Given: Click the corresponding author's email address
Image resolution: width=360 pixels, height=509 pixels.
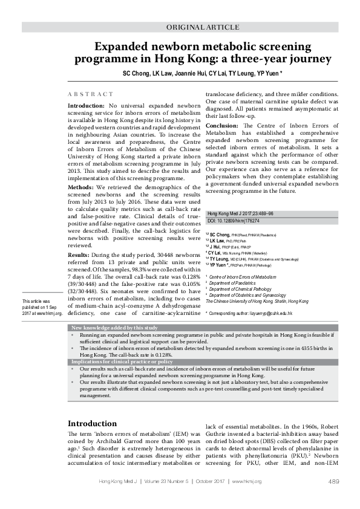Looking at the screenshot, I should pyautogui.click(x=263, y=314).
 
